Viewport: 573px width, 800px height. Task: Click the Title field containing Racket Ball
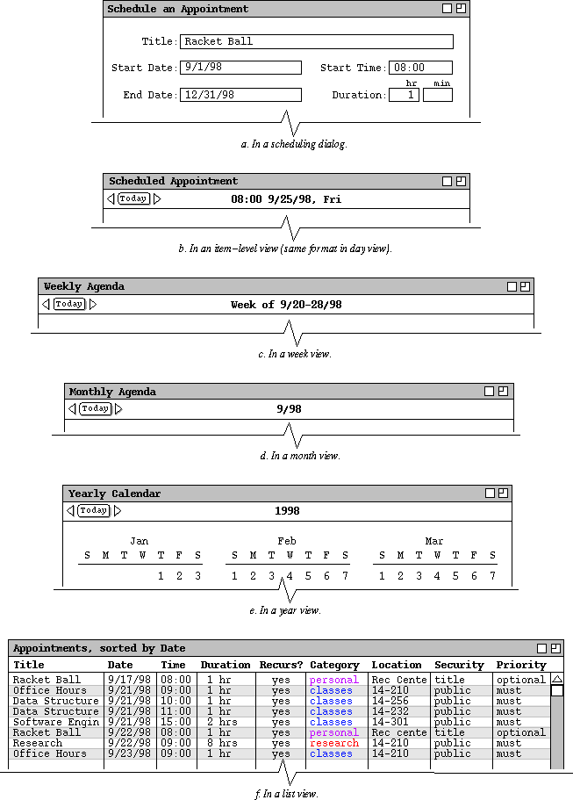(316, 41)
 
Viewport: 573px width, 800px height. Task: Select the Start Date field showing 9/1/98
(240, 68)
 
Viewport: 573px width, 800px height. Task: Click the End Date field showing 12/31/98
(240, 95)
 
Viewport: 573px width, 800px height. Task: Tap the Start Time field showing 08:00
(420, 68)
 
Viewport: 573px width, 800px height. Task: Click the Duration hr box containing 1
(404, 95)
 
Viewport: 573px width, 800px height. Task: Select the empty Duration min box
(437, 95)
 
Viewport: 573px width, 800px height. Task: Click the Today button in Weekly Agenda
(69, 304)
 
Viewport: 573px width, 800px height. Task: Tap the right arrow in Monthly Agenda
(119, 409)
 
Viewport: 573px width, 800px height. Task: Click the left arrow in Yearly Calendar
(70, 511)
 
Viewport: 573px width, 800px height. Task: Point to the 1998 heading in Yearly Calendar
(287, 511)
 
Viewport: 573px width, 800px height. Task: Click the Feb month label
(287, 541)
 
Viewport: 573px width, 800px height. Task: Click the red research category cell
(334, 743)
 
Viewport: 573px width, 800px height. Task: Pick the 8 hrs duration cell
(222, 743)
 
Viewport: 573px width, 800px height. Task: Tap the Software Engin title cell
(56, 722)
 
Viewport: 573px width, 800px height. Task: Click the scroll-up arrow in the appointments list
(556, 679)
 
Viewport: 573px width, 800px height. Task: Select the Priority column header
(521, 665)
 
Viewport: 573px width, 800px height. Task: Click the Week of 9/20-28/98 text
(286, 305)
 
